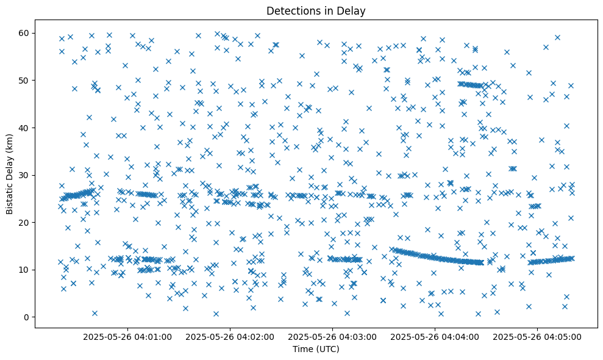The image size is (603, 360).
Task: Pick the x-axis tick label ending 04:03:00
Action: [334, 336]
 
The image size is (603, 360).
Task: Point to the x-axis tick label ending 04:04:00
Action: [436, 336]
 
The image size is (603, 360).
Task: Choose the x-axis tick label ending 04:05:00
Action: [538, 336]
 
